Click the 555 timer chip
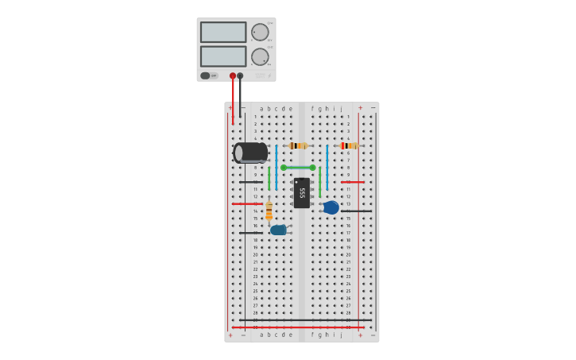pyautogui.click(x=302, y=193)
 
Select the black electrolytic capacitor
pyautogui.click(x=251, y=153)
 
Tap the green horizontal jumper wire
pyautogui.click(x=298, y=168)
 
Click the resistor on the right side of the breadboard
pyautogui.click(x=348, y=145)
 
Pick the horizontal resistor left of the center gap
pyautogui.click(x=298, y=145)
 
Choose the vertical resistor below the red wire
pyautogui.click(x=269, y=211)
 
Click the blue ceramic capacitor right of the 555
pyautogui.click(x=331, y=207)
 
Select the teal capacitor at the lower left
pyautogui.click(x=278, y=230)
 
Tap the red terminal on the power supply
pyautogui.click(x=233, y=76)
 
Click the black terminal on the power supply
pyautogui.click(x=240, y=76)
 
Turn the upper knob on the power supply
pyautogui.click(x=260, y=33)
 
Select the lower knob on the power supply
pyautogui.click(x=260, y=56)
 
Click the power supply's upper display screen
pyautogui.click(x=223, y=32)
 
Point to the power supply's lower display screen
pyautogui.click(x=223, y=56)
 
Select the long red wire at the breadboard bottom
pyautogui.click(x=298, y=327)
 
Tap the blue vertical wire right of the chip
pyautogui.click(x=327, y=163)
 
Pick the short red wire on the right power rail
pyautogui.click(x=353, y=182)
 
